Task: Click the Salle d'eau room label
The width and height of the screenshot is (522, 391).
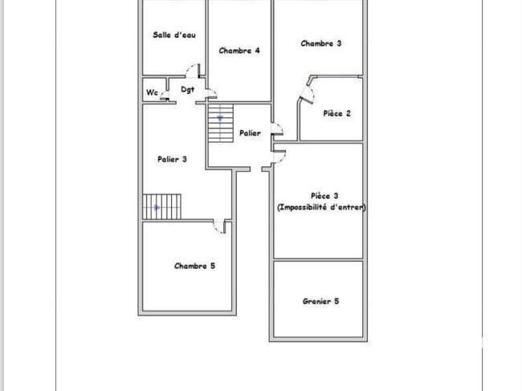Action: pyautogui.click(x=174, y=35)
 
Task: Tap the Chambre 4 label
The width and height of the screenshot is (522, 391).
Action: pyautogui.click(x=239, y=51)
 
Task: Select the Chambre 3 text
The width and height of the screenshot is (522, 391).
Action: pyautogui.click(x=321, y=43)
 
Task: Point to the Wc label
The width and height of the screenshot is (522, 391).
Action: pyautogui.click(x=152, y=92)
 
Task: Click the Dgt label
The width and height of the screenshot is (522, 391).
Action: pyautogui.click(x=187, y=89)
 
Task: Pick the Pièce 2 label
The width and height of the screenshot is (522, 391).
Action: pyautogui.click(x=337, y=113)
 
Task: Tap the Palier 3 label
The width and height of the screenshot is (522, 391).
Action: pyautogui.click(x=172, y=160)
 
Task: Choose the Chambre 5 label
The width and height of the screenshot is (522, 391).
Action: pyautogui.click(x=195, y=266)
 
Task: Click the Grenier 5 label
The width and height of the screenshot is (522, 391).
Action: pyautogui.click(x=321, y=302)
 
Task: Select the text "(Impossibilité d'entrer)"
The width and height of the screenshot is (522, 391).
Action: pyautogui.click(x=321, y=207)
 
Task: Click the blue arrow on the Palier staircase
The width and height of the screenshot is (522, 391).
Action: pyautogui.click(x=220, y=118)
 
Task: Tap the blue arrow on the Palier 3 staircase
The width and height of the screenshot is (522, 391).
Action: pyautogui.click(x=157, y=208)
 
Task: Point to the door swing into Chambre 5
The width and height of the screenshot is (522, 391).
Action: pyautogui.click(x=220, y=227)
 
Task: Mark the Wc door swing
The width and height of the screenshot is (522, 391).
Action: pyautogui.click(x=164, y=96)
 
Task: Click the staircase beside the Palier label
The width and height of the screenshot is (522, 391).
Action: pyautogui.click(x=221, y=124)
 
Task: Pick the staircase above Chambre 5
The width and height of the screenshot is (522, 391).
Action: pyautogui.click(x=162, y=206)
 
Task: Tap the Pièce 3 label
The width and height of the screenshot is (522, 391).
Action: pyautogui.click(x=324, y=196)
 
